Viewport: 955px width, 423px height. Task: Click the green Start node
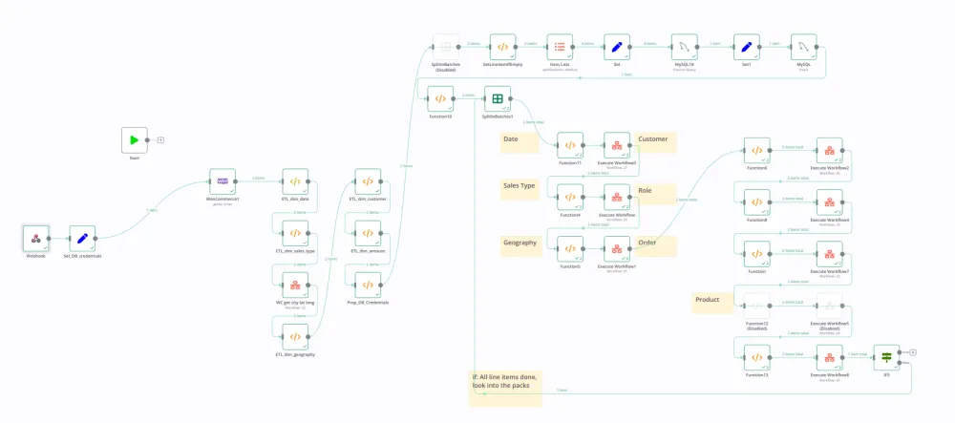coord(135,140)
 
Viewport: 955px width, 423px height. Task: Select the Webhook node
coord(35,239)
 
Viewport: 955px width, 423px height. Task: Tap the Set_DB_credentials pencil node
coord(82,239)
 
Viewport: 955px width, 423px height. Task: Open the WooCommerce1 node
coord(223,181)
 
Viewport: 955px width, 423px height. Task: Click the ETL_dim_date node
coord(295,181)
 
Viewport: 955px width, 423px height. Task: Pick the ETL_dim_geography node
coord(295,336)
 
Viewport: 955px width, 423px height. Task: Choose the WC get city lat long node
coord(295,285)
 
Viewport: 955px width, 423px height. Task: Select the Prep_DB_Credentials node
coord(368,285)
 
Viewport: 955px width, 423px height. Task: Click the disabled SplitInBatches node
coord(445,47)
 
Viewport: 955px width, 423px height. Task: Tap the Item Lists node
coord(560,47)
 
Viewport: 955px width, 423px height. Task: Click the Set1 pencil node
coord(746,47)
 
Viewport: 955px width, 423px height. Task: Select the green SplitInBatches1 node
coord(498,98)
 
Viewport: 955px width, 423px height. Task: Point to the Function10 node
coord(440,98)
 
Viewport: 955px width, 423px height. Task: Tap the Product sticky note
coord(711,302)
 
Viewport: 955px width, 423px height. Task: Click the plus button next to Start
coord(160,140)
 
